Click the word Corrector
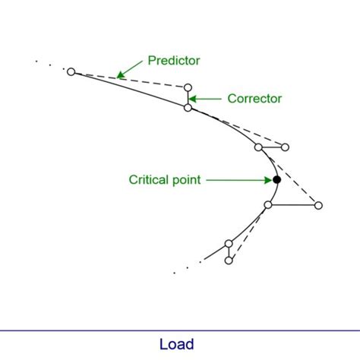(x=254, y=98)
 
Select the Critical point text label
(x=165, y=180)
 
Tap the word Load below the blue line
(x=177, y=344)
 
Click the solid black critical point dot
(x=276, y=179)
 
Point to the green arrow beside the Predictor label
(x=131, y=69)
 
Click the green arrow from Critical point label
(x=238, y=180)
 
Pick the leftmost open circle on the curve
(x=71, y=71)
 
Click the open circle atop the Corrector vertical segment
(x=188, y=87)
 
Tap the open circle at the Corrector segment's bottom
(x=188, y=108)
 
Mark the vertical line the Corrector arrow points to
(x=188, y=98)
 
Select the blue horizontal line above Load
(x=180, y=330)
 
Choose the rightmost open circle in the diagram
(x=318, y=205)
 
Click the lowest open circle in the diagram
(x=229, y=261)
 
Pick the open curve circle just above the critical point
(x=258, y=147)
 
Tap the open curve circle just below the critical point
(x=268, y=205)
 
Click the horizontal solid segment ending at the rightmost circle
(x=293, y=205)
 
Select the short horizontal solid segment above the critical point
(x=272, y=147)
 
